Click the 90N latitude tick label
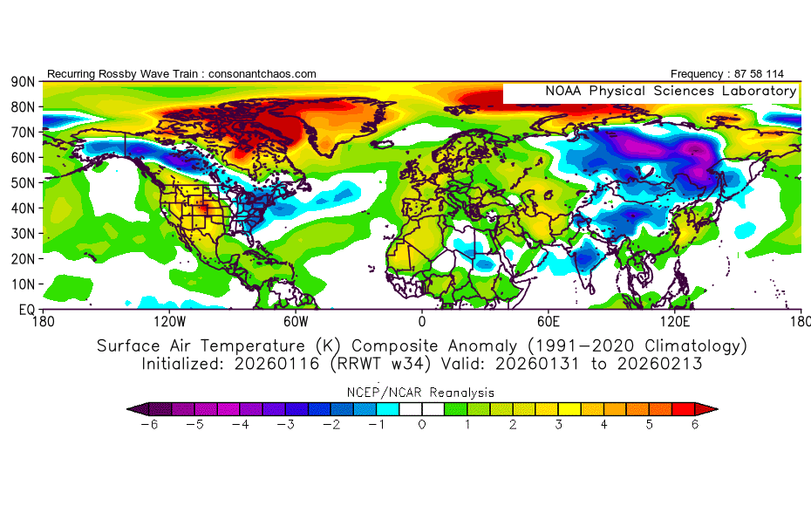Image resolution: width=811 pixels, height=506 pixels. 22,81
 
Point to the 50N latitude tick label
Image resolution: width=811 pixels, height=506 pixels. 22,182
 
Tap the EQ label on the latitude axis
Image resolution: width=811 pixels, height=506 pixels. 25,310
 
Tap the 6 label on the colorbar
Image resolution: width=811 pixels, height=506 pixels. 695,426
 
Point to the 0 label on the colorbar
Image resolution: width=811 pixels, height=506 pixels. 422,426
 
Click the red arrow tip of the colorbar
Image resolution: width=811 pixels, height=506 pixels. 712,408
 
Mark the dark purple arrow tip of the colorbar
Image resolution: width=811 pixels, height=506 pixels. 133,408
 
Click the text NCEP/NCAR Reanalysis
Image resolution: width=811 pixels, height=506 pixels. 421,393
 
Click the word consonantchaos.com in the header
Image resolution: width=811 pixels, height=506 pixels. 263,74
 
